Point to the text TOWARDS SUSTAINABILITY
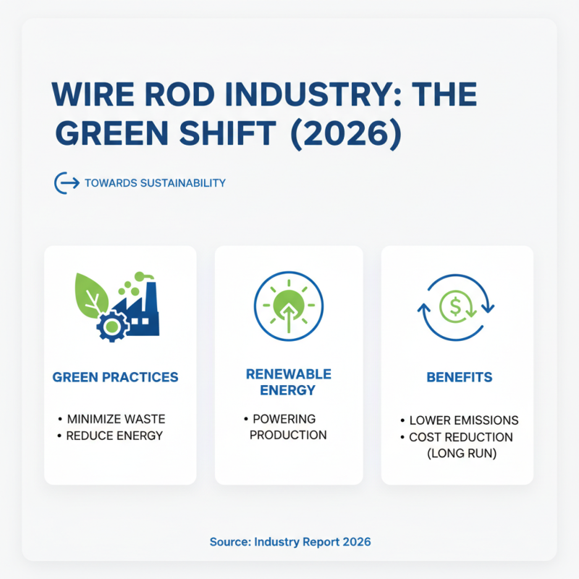click(155, 183)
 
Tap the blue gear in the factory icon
click(112, 326)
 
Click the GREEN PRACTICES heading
click(116, 378)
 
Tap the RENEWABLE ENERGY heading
click(289, 382)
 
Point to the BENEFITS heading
click(459, 378)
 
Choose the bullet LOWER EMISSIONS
click(464, 420)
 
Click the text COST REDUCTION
click(460, 437)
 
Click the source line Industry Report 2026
click(289, 541)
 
